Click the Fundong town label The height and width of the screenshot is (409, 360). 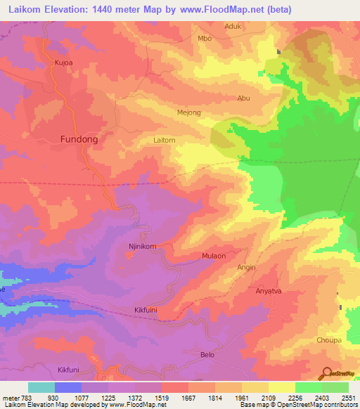pos(79,139)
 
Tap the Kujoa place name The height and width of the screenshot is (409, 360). pos(64,63)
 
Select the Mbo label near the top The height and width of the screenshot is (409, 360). pos(205,38)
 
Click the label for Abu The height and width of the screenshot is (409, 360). pos(244,98)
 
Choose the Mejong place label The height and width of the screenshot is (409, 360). pos(188,112)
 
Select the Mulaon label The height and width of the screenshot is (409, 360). pos(214,257)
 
